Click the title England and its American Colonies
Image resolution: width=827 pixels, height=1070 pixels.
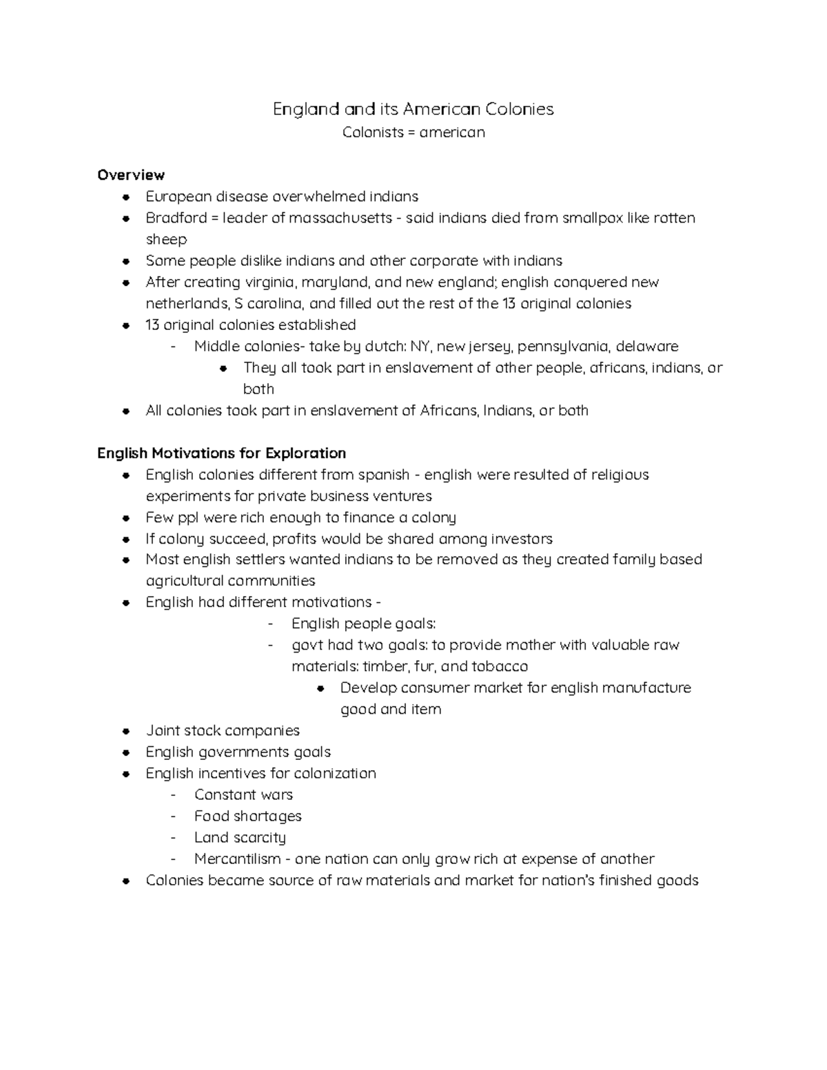point(413,109)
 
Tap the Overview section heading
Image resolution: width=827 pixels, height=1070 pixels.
point(131,175)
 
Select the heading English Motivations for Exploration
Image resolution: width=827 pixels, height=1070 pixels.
point(221,453)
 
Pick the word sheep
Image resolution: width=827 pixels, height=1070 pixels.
point(166,239)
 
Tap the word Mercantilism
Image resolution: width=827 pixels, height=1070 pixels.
point(238,858)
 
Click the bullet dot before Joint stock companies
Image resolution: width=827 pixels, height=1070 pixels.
point(126,731)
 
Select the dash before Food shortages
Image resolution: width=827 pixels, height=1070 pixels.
point(174,816)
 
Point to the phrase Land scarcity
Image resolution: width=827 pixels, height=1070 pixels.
point(240,837)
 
